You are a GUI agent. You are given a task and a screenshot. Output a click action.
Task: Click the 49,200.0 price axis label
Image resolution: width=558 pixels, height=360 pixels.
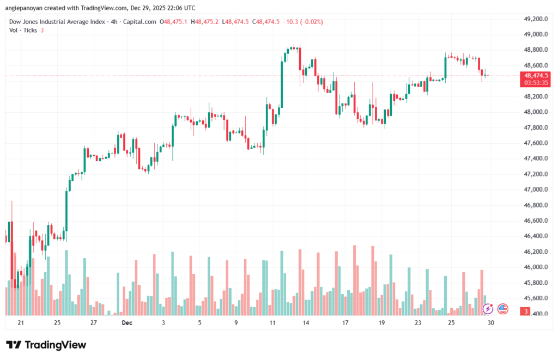tap(535, 19)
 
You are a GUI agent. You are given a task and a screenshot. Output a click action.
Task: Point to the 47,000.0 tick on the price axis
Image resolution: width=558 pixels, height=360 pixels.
tap(535, 190)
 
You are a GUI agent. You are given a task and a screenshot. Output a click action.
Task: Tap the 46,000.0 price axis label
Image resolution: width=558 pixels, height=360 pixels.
tap(535, 267)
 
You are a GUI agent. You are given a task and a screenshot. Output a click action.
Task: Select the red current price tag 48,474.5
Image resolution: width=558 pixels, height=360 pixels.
tap(535, 76)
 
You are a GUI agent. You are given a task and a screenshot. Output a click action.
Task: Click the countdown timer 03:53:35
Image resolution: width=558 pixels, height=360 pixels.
tap(535, 83)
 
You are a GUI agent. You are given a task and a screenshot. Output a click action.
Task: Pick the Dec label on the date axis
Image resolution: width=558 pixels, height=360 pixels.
tap(127, 323)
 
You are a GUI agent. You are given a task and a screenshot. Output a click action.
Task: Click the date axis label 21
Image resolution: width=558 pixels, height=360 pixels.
tap(21, 323)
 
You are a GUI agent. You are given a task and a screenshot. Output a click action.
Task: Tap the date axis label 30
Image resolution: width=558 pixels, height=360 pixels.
tap(490, 323)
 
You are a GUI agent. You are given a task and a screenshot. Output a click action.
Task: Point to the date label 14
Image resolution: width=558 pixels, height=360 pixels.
tap(306, 323)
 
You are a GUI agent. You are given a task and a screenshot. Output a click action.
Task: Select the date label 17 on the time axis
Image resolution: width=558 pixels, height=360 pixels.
tap(345, 323)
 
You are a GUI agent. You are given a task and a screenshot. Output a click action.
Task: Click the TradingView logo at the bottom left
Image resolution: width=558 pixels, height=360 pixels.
tap(46, 345)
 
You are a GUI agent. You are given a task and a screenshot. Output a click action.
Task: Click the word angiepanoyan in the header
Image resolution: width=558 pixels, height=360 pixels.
tap(26, 8)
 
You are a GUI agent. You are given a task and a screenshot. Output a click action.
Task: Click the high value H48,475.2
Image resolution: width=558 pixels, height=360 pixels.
tap(207, 22)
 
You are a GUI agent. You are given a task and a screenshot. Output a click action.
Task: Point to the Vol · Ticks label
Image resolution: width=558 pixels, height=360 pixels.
tap(23, 30)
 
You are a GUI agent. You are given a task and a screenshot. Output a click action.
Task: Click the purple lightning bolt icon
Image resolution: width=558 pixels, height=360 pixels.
tap(488, 309)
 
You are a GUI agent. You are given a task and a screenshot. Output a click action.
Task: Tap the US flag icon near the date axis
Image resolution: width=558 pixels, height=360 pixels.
tap(503, 309)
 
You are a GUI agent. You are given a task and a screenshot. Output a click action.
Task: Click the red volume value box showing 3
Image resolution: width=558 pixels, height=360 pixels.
tap(526, 312)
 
